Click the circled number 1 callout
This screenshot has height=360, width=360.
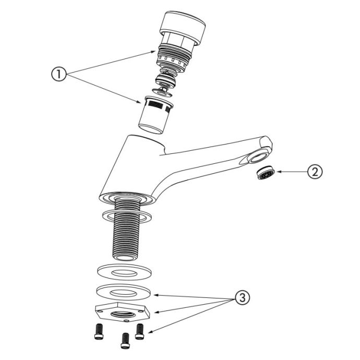pyautogui.click(x=59, y=74)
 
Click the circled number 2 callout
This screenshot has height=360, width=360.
pyautogui.click(x=315, y=172)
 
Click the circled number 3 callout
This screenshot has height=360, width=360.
pyautogui.click(x=242, y=298)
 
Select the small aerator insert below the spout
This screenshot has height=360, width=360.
pyautogui.click(x=266, y=172)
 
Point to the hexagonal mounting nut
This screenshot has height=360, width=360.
pyautogui.click(x=123, y=312)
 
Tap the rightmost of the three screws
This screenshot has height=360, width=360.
pyautogui.click(x=140, y=331)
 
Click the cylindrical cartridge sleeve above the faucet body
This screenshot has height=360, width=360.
pyautogui.click(x=155, y=115)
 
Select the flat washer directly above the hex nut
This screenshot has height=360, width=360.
pyautogui.click(x=124, y=292)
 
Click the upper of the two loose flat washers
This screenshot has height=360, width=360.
pyautogui.click(x=124, y=272)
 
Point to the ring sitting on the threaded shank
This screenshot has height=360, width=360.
pyautogui.click(x=127, y=217)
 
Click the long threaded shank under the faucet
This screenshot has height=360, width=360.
pyautogui.click(x=126, y=230)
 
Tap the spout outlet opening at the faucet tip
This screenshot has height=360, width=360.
pyautogui.click(x=259, y=158)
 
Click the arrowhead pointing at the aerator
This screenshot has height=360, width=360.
pyautogui.click(x=280, y=172)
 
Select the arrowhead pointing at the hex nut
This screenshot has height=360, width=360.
pyautogui.click(x=157, y=312)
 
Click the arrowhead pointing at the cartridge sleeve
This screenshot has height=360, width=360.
pyautogui.click(x=138, y=102)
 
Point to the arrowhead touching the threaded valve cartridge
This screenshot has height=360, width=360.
pyautogui.click(x=153, y=52)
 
